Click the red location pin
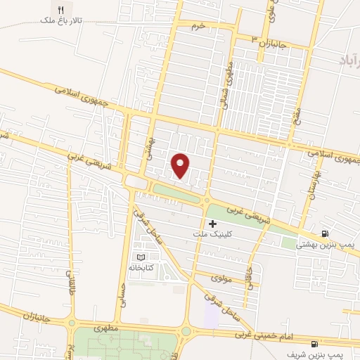pos(181,165)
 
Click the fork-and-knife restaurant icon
pos(80,10)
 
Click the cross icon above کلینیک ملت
pos(213,224)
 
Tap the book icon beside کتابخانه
pos(142,257)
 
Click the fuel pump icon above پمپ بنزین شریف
pos(313,344)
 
